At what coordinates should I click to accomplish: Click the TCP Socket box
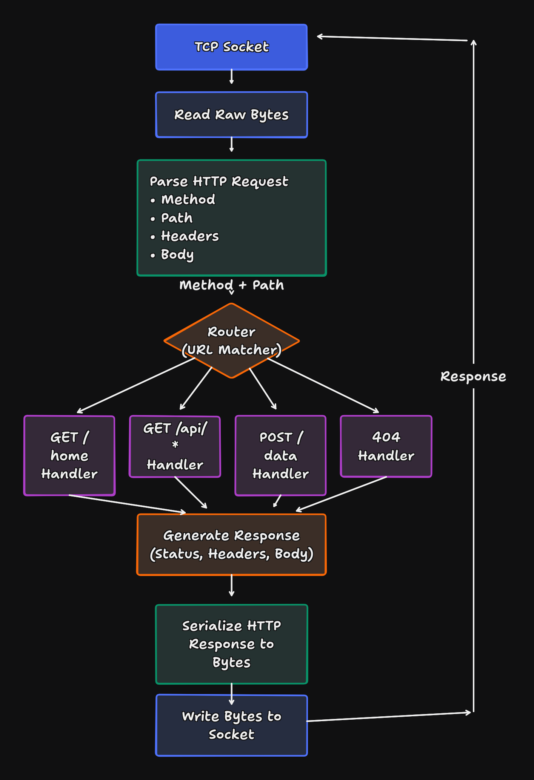(231, 47)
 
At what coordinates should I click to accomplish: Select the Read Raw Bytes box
(231, 115)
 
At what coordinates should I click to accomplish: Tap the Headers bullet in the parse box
(189, 236)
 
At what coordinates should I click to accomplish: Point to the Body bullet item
(177, 254)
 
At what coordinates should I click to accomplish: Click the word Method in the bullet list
(188, 199)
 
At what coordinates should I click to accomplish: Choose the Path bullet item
(177, 218)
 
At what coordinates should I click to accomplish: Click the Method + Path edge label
(231, 285)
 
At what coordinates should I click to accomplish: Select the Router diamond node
(231, 340)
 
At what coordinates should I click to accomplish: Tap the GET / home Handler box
(69, 455)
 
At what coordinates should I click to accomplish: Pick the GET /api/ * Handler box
(175, 447)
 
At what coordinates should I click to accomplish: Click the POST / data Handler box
(280, 455)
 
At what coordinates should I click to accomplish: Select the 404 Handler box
(386, 446)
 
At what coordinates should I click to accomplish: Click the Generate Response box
(231, 544)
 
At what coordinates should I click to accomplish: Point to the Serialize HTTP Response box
(231, 644)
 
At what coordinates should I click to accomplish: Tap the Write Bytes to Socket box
(231, 725)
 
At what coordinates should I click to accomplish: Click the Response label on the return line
(473, 376)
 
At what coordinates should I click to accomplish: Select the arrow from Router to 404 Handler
(323, 385)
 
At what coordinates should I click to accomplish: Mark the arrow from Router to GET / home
(136, 385)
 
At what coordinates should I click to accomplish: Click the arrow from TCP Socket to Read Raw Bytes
(231, 77)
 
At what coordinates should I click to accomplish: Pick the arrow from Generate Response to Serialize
(231, 585)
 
